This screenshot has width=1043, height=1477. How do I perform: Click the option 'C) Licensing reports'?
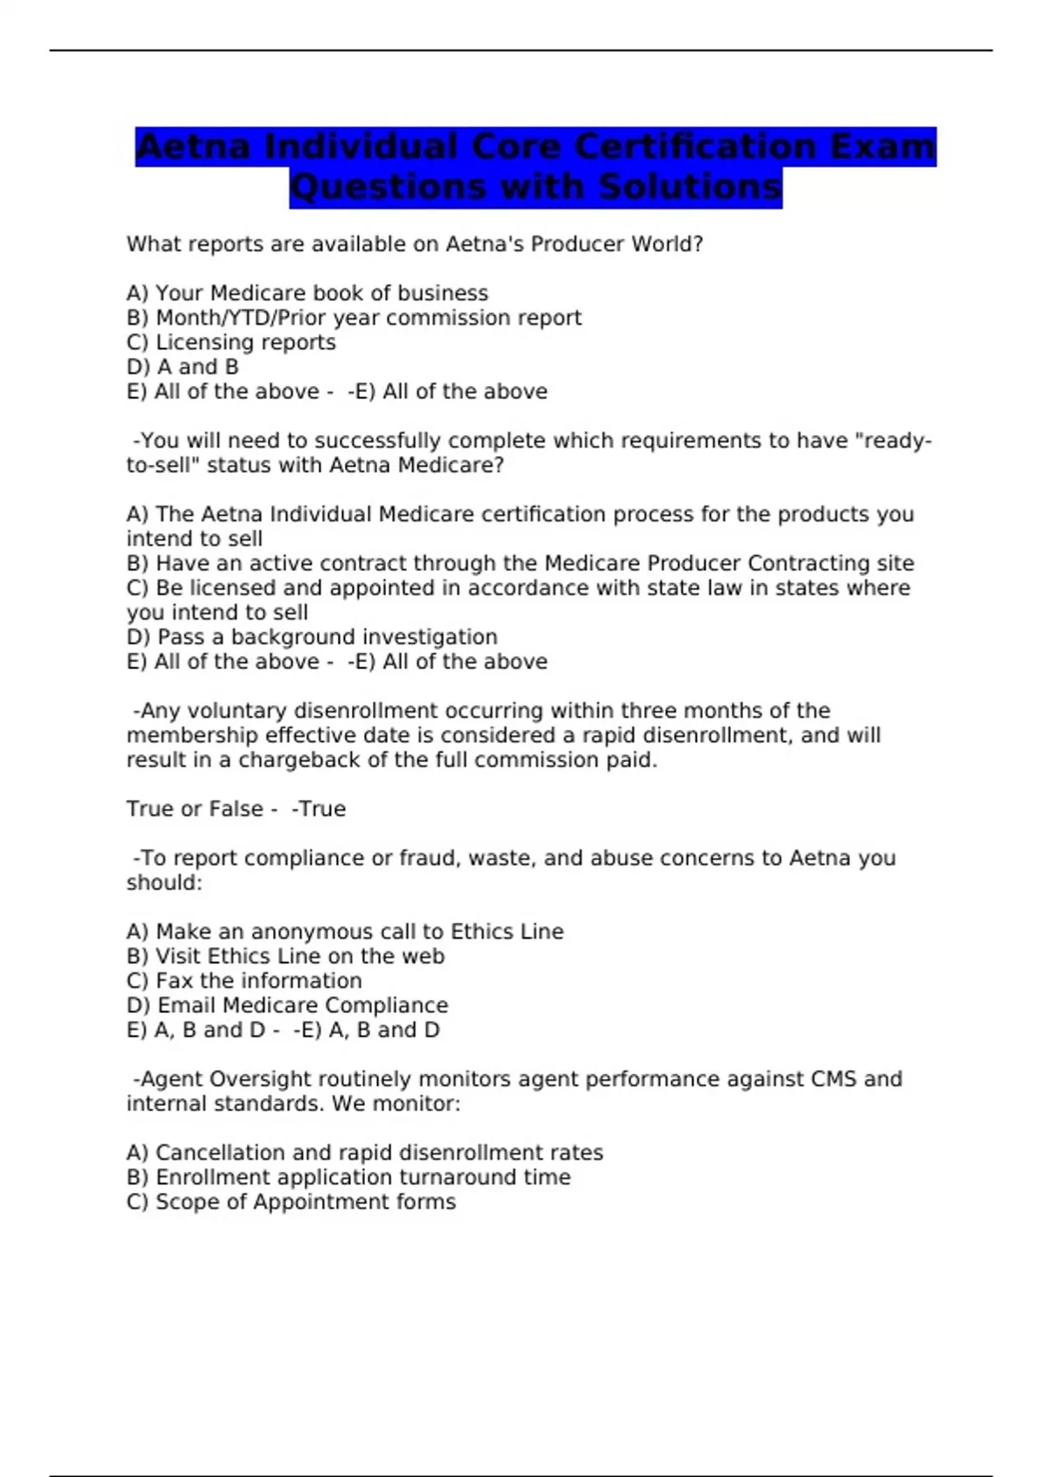[x=231, y=342]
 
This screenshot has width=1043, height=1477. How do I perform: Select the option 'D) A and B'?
[x=183, y=367]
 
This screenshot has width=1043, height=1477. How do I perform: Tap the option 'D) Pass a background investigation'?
[x=312, y=637]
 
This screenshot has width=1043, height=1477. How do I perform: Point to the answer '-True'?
[x=319, y=809]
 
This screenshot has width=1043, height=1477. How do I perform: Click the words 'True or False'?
[x=195, y=809]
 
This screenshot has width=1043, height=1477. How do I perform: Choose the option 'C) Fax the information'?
[x=244, y=981]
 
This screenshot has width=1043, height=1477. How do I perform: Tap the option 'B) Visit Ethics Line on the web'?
[x=285, y=957]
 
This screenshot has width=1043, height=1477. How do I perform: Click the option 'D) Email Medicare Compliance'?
[x=288, y=1005]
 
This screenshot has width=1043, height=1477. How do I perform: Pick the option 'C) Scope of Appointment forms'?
[x=291, y=1202]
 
